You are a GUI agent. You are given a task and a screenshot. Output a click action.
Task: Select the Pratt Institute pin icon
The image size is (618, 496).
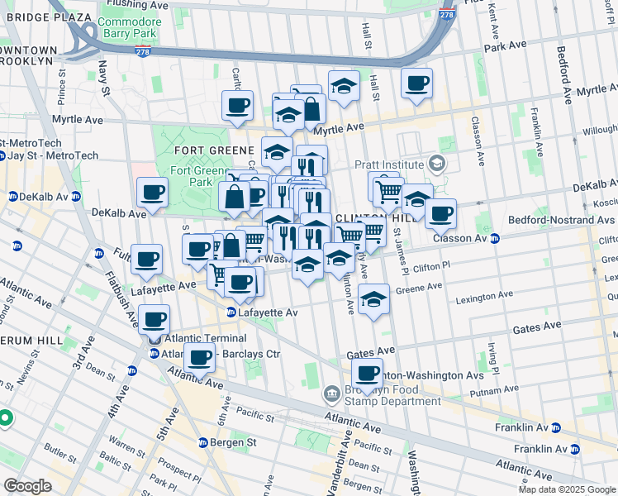436,165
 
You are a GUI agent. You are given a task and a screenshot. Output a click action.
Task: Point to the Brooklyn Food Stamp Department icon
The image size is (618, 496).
332,392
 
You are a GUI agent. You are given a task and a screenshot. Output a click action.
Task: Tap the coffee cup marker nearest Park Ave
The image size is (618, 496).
417,83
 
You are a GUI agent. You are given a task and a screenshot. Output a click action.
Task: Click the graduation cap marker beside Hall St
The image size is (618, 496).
344,86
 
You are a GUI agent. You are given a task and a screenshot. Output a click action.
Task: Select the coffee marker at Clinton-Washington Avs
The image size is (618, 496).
367,374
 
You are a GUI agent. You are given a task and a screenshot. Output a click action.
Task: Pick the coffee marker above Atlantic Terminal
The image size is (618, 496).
154,319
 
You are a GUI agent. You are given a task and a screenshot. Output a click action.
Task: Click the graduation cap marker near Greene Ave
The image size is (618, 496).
374,299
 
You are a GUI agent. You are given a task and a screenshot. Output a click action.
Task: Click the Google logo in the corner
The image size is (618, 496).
27,486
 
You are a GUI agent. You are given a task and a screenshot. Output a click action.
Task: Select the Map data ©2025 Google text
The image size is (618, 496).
567,489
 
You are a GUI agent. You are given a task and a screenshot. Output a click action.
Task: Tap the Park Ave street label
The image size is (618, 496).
506,47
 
